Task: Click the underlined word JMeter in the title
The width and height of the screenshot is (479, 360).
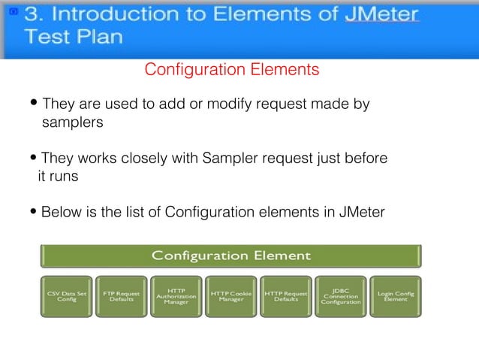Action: [x=381, y=14]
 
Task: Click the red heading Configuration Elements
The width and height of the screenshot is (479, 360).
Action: [x=231, y=70]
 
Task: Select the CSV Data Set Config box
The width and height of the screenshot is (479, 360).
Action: [x=67, y=298]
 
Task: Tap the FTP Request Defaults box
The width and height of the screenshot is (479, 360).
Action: [x=122, y=298]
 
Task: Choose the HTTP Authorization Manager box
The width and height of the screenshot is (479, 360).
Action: [x=176, y=298]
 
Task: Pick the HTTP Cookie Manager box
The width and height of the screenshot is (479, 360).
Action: [x=231, y=298]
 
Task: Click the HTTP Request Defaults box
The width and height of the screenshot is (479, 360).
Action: [x=286, y=298]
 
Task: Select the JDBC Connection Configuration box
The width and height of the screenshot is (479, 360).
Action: [x=341, y=298]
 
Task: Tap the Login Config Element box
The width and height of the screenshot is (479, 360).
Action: [x=396, y=298]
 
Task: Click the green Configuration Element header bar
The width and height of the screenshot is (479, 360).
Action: [x=231, y=256]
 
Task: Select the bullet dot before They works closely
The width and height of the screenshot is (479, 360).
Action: [x=35, y=159]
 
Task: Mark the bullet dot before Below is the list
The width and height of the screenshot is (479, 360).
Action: [x=35, y=213]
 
